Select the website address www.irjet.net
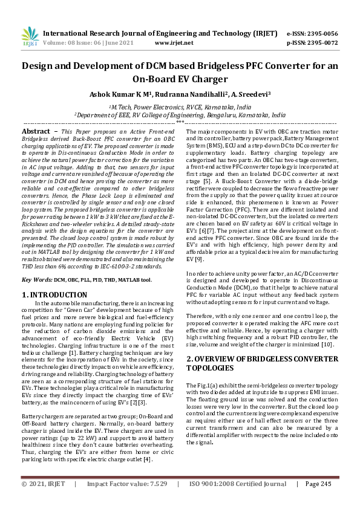coord(174,43)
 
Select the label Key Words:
coord(37,280)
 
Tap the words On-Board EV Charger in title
coord(180,79)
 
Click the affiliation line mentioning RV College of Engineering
coord(180,114)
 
